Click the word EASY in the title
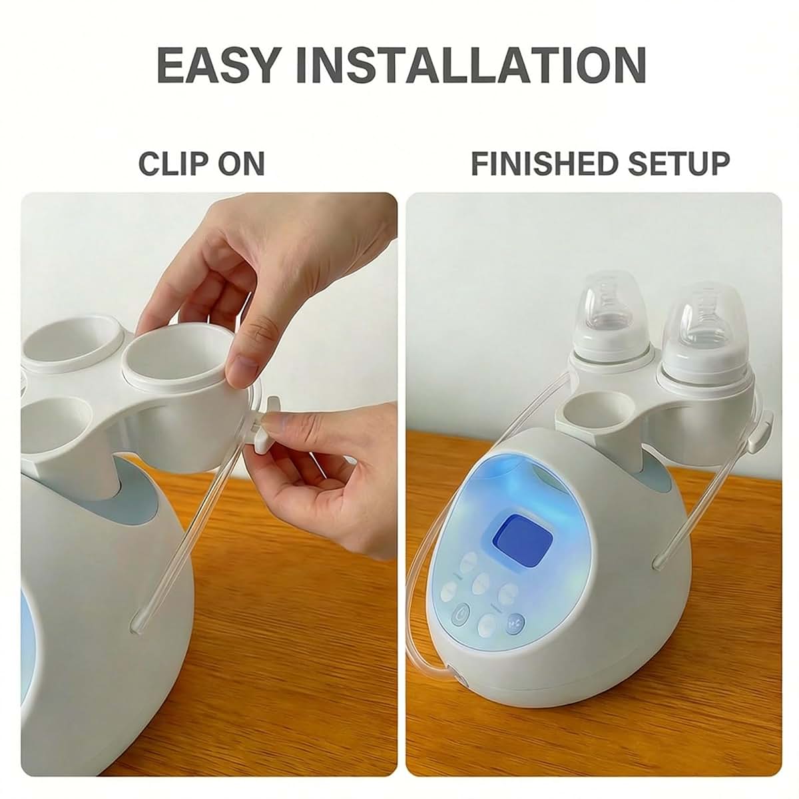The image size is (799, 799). click(x=217, y=65)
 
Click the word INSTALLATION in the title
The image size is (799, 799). click(x=471, y=65)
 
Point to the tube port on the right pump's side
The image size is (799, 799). click(x=658, y=562)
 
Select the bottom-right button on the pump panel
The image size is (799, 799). click(x=515, y=623)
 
